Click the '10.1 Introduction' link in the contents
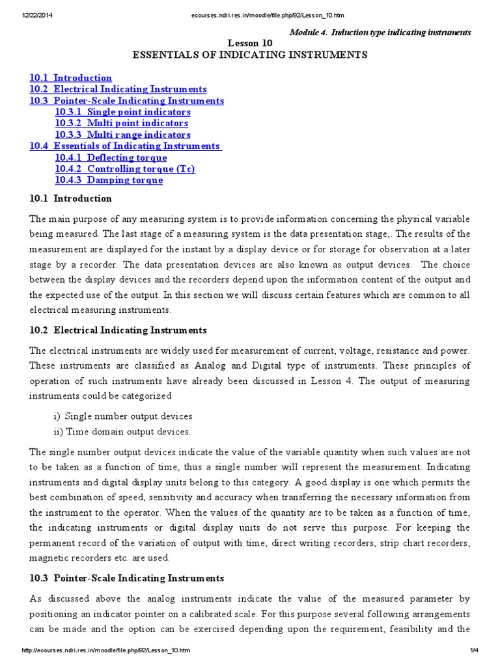70,78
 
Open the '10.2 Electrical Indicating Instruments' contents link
118,89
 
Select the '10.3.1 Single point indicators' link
122,112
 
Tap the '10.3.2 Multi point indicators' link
122,123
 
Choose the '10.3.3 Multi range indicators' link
122,135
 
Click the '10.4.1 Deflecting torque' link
111,157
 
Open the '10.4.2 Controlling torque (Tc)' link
125,168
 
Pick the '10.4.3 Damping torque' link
109,180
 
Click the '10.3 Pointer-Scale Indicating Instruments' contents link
126,101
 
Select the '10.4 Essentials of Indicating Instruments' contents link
125,146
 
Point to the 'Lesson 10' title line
250,43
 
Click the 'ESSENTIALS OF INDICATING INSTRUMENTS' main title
250,55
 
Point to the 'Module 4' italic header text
380,32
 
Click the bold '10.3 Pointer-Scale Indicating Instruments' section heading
126,578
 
